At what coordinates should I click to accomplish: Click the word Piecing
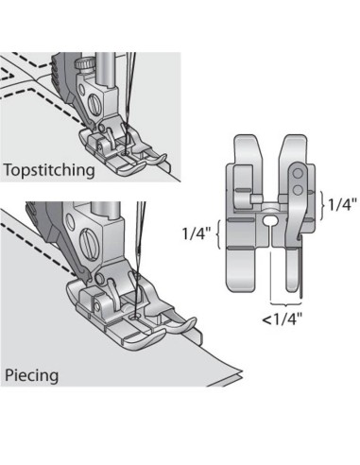coord(31,375)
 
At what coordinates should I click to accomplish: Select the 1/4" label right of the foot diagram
coord(342,201)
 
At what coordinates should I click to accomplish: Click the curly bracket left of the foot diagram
coord(220,232)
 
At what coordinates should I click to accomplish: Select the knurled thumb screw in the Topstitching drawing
coord(86,63)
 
